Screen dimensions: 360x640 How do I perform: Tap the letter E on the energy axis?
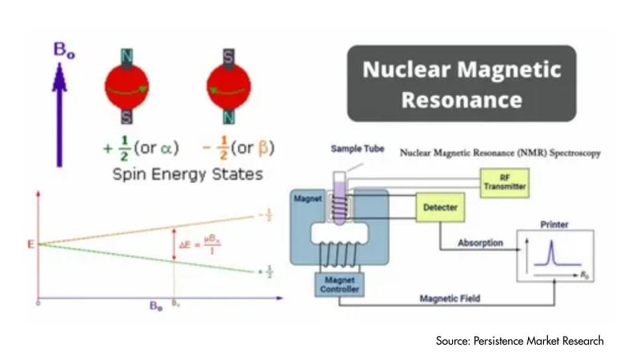(x=32, y=243)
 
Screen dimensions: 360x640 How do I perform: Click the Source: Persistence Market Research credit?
(x=519, y=341)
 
